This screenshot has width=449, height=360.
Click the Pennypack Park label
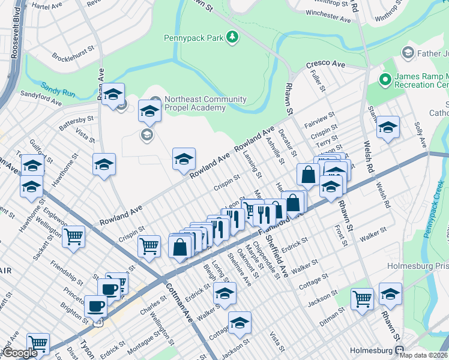194,38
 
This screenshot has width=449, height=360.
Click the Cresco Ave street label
326,64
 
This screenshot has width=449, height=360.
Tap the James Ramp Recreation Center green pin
384,78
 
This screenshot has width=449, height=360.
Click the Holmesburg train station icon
399,350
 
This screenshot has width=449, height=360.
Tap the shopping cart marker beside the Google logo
38,344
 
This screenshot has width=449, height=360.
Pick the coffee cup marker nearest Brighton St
95,306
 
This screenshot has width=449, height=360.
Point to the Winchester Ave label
328,16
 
